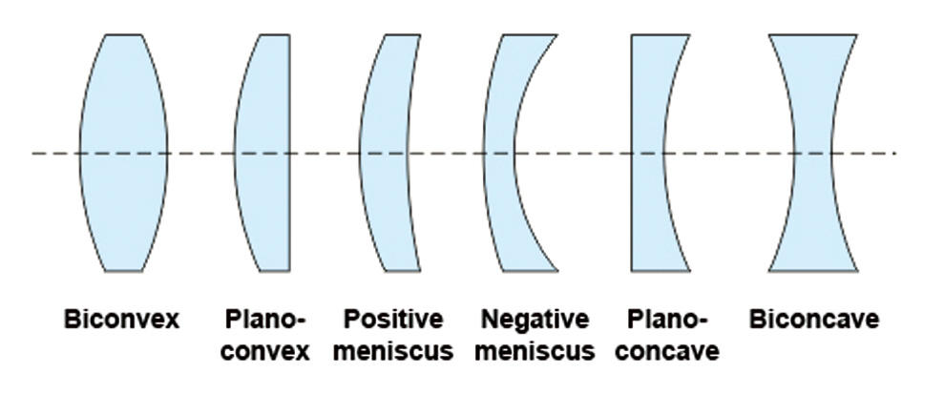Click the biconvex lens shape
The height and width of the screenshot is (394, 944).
(124, 153)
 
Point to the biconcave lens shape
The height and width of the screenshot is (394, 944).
(812, 153)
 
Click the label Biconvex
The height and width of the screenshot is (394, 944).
(121, 320)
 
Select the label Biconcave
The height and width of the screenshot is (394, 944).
(813, 320)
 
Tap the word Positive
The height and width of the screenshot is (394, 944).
(393, 320)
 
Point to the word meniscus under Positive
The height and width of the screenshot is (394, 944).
(397, 351)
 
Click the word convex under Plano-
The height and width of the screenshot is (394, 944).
(268, 351)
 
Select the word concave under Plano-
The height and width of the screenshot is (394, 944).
(674, 351)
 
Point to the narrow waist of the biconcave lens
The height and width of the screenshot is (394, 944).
(812, 153)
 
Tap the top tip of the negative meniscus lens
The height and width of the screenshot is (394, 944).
(551, 37)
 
